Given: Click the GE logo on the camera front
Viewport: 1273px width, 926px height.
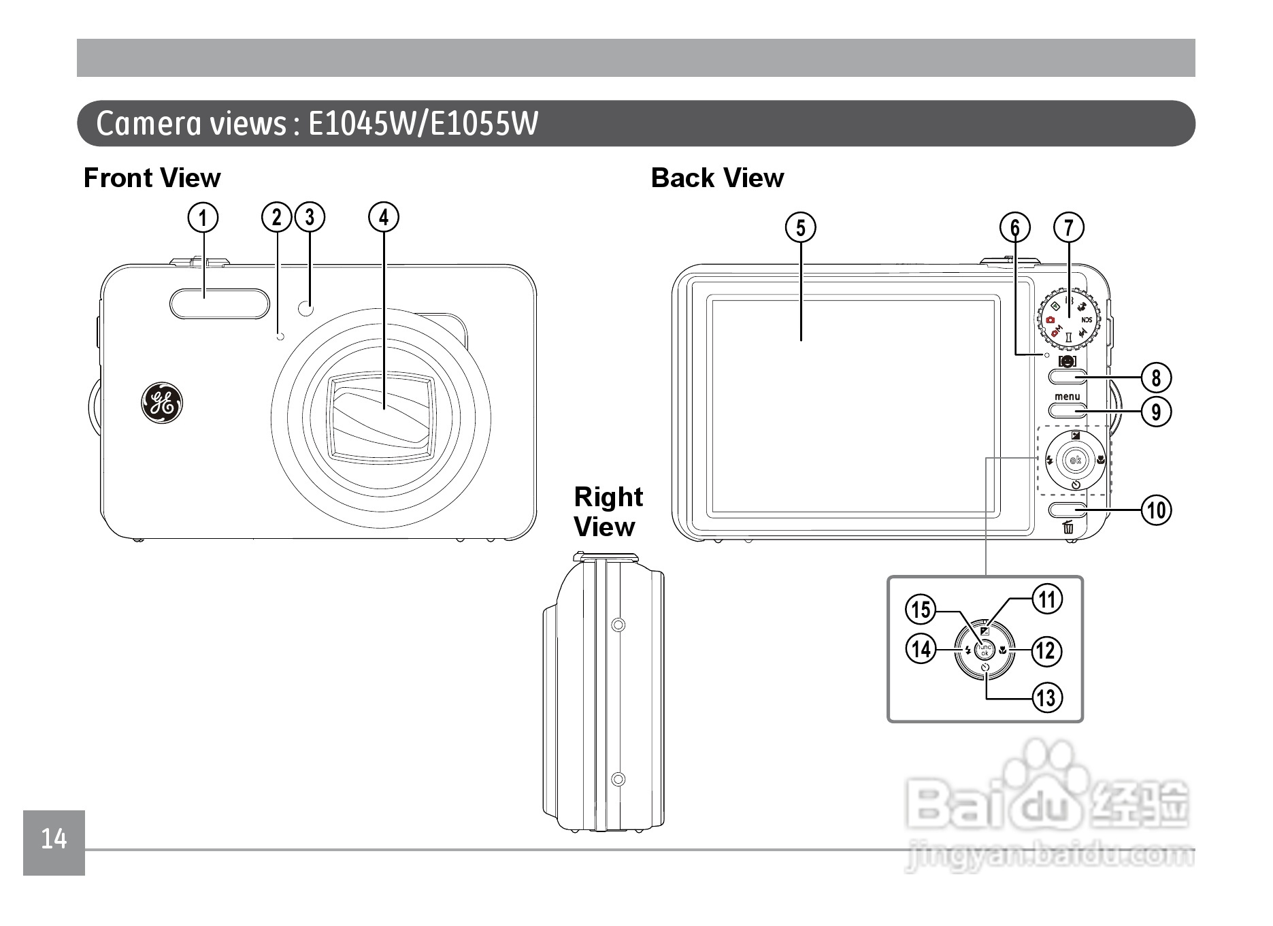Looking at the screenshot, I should coord(162,403).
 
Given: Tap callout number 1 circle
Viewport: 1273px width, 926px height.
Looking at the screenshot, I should coord(203,218).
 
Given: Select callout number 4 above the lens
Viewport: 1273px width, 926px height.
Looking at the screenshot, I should coord(384,218).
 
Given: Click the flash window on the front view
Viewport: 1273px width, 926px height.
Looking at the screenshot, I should coord(210,303).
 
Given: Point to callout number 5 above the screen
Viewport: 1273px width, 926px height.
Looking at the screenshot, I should coord(801,227).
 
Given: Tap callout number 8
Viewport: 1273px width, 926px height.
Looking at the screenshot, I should coord(1156,377).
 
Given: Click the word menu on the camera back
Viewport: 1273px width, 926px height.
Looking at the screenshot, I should coord(1067,397).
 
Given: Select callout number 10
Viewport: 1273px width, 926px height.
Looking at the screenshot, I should coord(1157,510).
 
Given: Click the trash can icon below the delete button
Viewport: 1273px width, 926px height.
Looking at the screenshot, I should coord(1068,527).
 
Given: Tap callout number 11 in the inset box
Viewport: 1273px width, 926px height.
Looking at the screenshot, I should coord(1046,599).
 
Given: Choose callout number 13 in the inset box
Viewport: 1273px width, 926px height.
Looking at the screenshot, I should coord(1046,697).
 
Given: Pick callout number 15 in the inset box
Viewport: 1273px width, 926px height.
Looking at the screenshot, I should coord(921,609).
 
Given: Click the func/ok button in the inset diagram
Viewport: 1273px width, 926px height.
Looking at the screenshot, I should coord(985,650).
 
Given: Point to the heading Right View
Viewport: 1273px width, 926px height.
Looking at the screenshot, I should coord(607,512).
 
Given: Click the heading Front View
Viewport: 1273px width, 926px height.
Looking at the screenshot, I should coord(152,178).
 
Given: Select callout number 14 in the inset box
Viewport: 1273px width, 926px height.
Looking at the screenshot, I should coord(921,648).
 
